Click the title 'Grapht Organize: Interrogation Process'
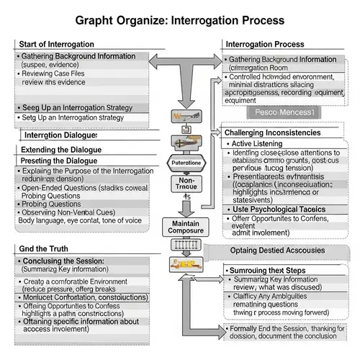(180, 21)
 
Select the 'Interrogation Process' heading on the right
(266, 45)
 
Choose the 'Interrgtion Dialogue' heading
(62, 135)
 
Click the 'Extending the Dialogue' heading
(61, 149)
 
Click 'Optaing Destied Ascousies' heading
(277, 249)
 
